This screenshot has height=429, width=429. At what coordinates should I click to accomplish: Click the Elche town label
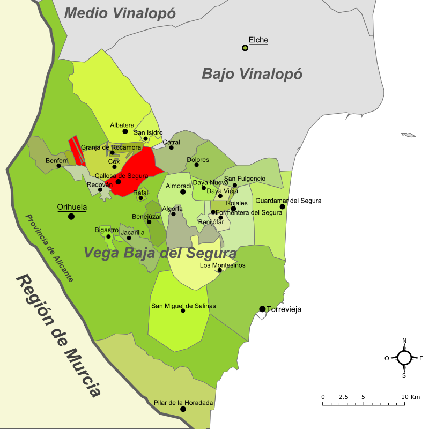[258, 40]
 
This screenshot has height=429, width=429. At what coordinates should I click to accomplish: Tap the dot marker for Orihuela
[71, 216]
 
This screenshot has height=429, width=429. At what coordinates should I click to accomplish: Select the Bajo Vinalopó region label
[252, 73]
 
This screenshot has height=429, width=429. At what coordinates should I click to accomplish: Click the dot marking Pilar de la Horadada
[183, 409]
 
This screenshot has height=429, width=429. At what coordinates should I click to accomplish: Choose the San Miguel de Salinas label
[183, 306]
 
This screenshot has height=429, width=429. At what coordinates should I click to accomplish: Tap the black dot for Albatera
[125, 131]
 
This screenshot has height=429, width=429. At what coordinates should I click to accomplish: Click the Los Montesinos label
[223, 265]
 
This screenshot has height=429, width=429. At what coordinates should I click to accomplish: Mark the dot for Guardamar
[282, 206]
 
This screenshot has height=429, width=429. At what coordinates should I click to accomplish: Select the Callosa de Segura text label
[121, 176]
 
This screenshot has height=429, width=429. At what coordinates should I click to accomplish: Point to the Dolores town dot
[197, 165]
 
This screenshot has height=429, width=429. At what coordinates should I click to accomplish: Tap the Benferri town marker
[59, 166]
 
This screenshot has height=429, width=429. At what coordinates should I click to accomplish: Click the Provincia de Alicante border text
[49, 248]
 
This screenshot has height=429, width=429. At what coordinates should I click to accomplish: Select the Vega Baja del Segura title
[160, 253]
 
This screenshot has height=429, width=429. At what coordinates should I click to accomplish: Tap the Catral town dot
[172, 147]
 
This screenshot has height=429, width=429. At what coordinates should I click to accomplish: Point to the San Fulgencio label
[245, 179]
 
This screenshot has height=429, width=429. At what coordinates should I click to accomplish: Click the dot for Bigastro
[108, 236]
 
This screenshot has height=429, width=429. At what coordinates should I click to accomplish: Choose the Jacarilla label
[132, 233]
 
